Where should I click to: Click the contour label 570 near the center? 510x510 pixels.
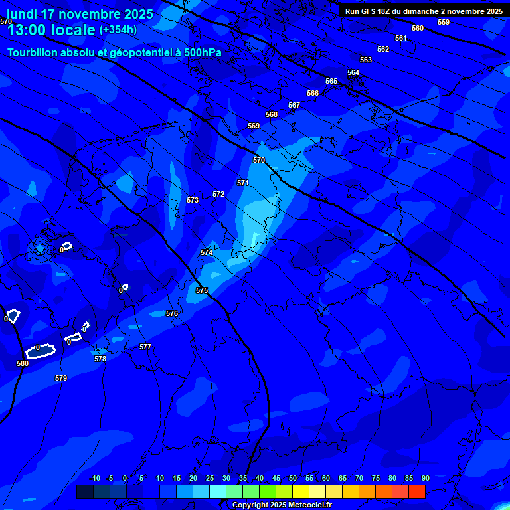pyautogui.click(x=259, y=160)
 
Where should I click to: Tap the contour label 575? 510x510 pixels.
pyautogui.click(x=202, y=290)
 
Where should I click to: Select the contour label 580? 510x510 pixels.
pyautogui.click(x=23, y=363)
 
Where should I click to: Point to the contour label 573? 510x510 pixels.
pyautogui.click(x=193, y=200)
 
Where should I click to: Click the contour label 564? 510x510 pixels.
pyautogui.click(x=353, y=72)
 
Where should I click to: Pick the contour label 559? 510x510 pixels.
pyautogui.click(x=444, y=22)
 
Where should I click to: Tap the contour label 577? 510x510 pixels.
pyautogui.click(x=145, y=347)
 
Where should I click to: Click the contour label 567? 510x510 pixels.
pyautogui.click(x=294, y=105)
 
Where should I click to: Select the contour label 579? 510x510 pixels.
pyautogui.click(x=61, y=378)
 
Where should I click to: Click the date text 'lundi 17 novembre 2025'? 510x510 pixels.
pyautogui.click(x=80, y=14)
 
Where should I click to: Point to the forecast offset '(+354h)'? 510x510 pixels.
pyautogui.click(x=118, y=30)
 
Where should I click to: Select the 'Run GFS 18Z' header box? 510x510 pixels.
pyautogui.click(x=424, y=11)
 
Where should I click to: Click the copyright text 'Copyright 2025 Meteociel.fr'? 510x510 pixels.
pyautogui.click(x=282, y=505)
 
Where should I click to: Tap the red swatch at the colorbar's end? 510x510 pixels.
pyautogui.click(x=416, y=491)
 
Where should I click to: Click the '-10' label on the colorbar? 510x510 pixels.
pyautogui.click(x=95, y=478)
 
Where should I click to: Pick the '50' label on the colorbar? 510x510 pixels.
pyautogui.click(x=293, y=478)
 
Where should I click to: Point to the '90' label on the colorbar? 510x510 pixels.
pyautogui.click(x=425, y=478)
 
